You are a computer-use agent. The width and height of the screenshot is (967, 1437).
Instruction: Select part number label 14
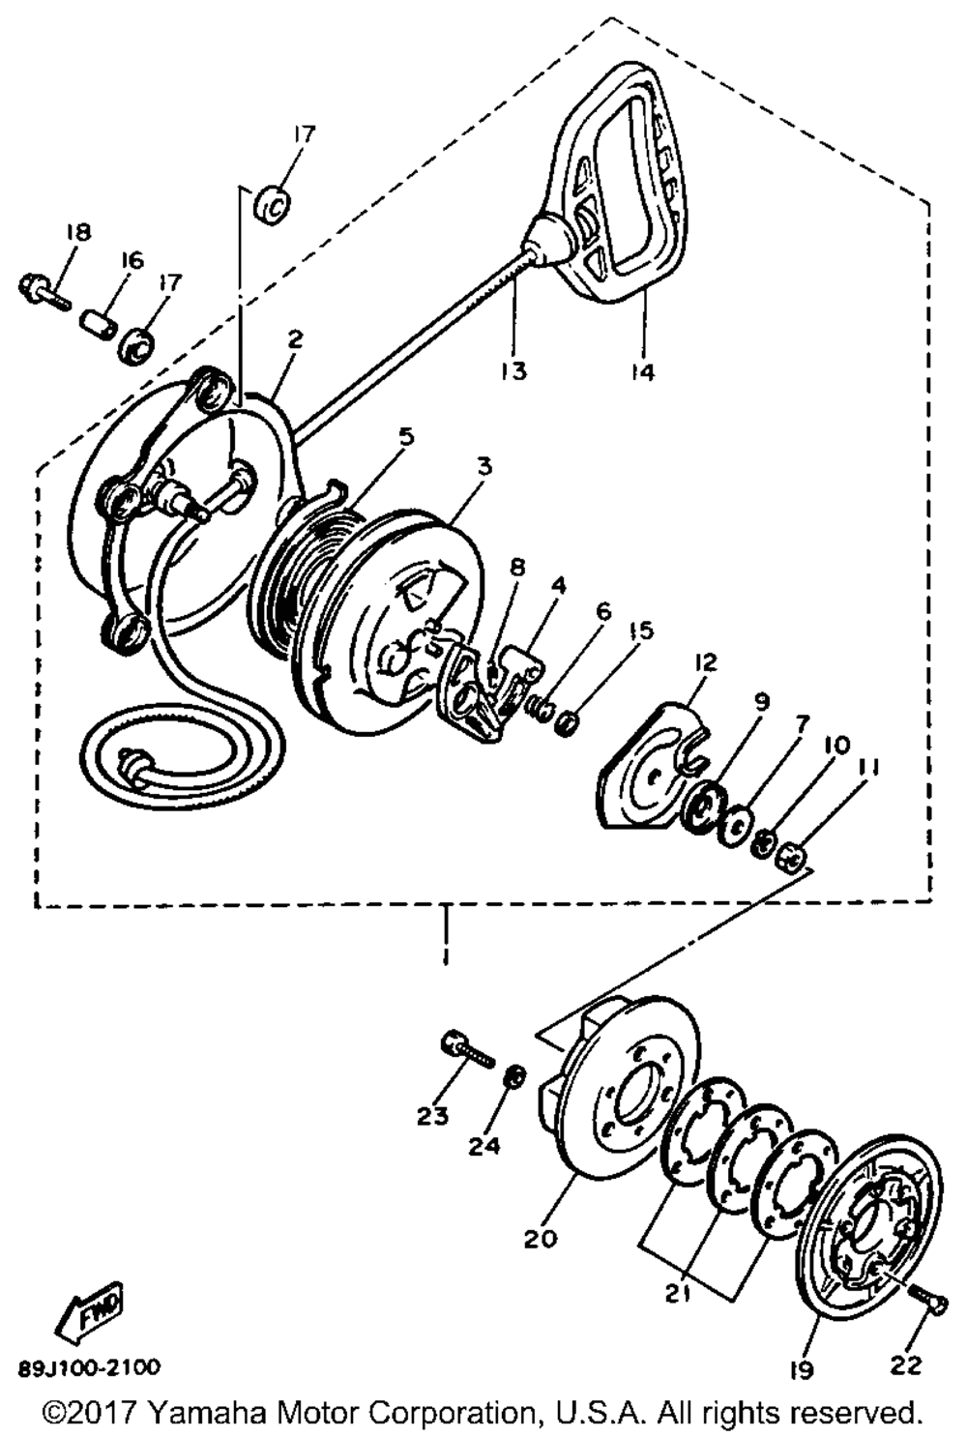point(642,370)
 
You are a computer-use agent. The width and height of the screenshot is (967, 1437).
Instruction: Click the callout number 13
point(514,370)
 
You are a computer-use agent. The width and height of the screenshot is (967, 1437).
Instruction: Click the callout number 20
point(542,1238)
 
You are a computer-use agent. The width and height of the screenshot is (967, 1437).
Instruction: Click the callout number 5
point(406,436)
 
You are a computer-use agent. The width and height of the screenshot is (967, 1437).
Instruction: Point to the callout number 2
point(295,338)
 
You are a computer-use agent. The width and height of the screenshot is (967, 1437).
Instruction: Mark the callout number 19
point(802,1369)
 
